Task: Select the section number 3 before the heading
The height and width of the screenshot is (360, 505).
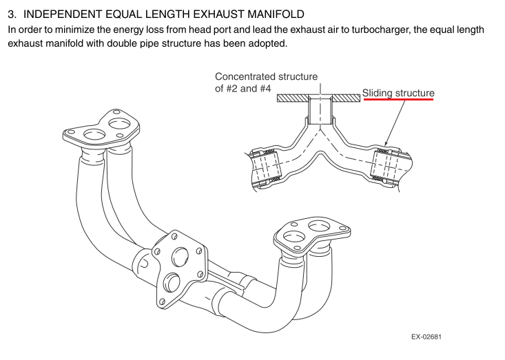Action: [10, 14]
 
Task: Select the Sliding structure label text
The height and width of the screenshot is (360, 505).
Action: [398, 92]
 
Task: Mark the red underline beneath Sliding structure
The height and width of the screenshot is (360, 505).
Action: [398, 100]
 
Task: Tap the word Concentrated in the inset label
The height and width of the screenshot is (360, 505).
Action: [245, 76]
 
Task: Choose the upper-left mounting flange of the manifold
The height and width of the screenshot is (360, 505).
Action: [99, 129]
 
